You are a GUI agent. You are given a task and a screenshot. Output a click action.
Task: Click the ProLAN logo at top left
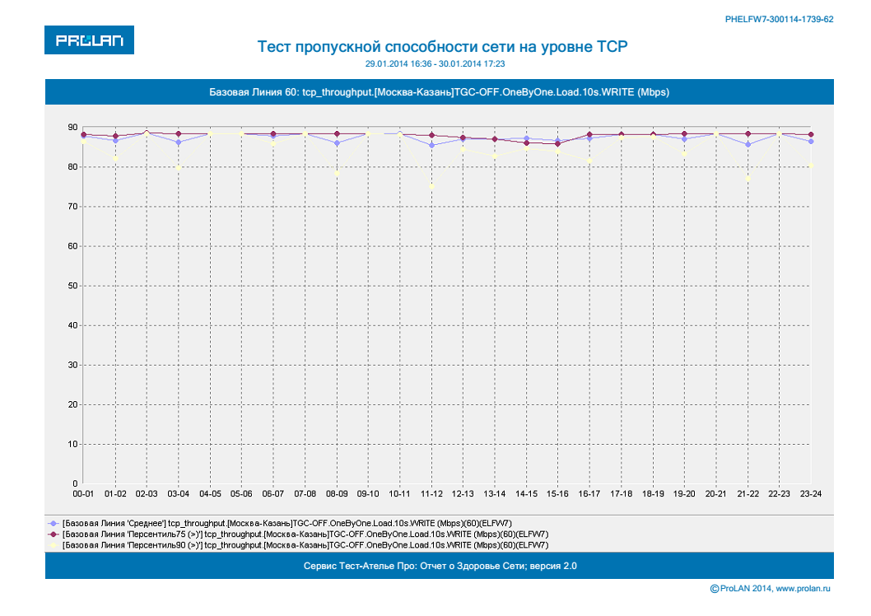coord(89,40)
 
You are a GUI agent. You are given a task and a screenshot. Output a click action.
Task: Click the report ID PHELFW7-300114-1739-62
coord(780,18)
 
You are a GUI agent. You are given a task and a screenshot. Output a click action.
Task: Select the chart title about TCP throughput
coord(437,46)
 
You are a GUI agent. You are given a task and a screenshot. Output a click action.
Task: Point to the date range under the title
coord(436,63)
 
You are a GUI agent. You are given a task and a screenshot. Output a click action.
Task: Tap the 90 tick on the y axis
coord(72,128)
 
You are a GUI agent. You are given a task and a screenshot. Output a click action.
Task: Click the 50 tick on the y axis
coord(72,286)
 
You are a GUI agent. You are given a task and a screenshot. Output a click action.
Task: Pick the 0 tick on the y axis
coord(75,483)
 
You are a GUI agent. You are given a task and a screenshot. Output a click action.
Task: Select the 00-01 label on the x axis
coord(83,494)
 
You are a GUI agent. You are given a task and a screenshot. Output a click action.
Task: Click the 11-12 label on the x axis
coord(431,494)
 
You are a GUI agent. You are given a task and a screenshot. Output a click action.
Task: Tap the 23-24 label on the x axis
coord(812,494)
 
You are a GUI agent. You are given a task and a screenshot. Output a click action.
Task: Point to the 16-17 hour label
coord(589,494)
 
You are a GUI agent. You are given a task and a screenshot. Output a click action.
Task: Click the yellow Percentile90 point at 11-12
coord(431,186)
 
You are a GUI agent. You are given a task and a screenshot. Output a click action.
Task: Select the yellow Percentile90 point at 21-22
coord(748,178)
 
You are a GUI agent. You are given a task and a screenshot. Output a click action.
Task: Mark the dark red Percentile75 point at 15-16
coord(558,144)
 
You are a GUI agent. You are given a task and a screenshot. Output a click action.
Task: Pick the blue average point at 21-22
coord(748,144)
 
